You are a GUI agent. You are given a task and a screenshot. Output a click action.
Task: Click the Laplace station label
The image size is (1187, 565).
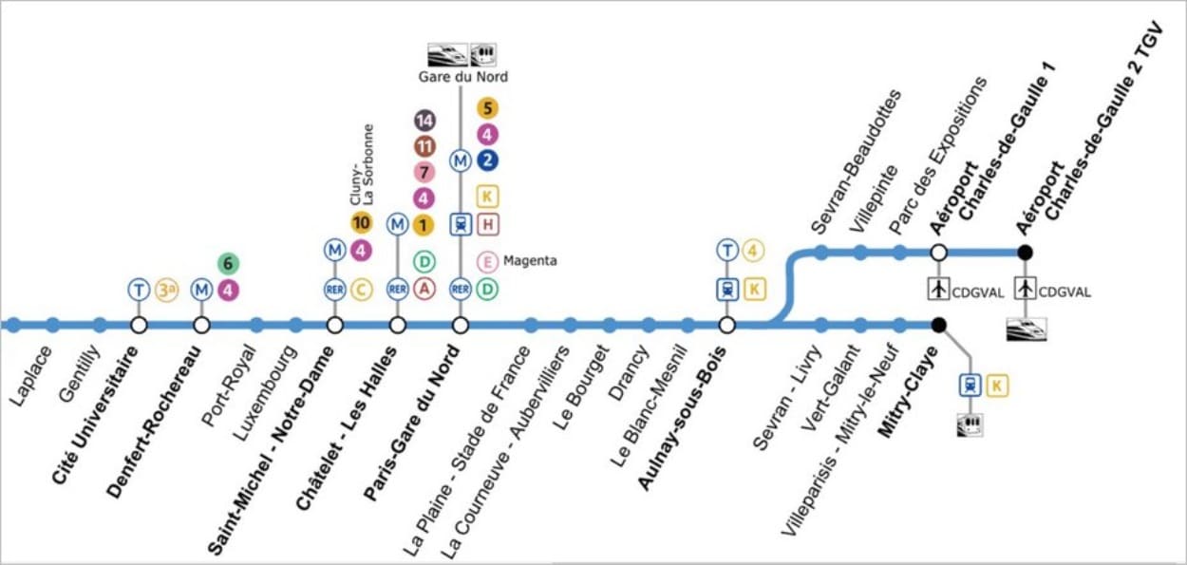(30, 376)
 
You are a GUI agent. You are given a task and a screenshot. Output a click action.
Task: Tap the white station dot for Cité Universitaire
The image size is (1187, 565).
(139, 325)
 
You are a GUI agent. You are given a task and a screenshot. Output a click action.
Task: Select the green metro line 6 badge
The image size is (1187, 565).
(228, 263)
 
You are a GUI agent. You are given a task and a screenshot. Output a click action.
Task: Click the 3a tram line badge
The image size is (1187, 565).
(167, 290)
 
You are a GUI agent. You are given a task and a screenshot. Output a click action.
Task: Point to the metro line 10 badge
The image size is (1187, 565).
(362, 222)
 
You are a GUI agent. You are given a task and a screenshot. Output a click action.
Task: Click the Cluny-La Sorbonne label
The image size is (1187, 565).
(362, 165)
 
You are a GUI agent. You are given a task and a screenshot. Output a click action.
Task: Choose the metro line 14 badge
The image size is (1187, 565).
(424, 122)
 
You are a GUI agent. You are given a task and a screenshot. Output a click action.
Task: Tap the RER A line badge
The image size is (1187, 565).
(424, 290)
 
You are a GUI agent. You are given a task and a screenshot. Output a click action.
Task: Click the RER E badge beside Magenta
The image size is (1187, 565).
(487, 262)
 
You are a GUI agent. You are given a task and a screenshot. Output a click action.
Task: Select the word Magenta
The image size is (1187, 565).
(530, 261)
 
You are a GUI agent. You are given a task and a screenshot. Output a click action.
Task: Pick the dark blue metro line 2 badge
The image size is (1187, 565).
(487, 160)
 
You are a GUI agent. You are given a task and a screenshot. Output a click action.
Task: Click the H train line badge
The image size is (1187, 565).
(488, 224)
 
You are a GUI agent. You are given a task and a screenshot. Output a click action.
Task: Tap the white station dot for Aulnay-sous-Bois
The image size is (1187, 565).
(727, 325)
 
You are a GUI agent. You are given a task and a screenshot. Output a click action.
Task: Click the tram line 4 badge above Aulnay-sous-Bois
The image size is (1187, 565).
(753, 250)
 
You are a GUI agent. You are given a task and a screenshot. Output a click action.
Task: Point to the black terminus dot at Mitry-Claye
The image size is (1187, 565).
(938, 325)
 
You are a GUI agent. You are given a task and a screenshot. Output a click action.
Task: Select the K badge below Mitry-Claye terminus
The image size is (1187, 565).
(997, 386)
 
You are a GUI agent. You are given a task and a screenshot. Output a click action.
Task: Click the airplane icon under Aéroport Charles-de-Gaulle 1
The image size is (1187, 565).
(938, 289)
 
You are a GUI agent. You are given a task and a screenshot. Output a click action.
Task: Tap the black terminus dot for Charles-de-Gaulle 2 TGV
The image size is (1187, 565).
(1026, 253)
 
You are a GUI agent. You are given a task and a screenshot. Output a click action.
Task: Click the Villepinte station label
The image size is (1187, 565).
(875, 198)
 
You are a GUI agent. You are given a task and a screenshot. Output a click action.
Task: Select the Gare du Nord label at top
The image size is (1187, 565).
(463, 77)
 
